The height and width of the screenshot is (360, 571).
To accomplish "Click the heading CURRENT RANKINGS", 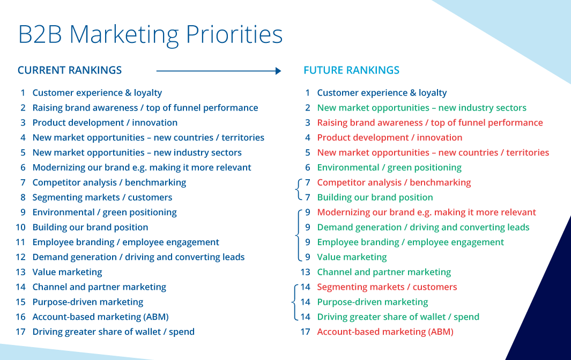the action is click(70, 70).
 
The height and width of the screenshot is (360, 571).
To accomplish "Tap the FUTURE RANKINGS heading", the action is click(351, 70).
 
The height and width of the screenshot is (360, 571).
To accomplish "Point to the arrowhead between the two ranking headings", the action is click(278, 71).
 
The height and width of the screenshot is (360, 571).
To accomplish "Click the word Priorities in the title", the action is click(234, 35).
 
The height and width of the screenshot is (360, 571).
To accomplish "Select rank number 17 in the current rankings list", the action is click(20, 332).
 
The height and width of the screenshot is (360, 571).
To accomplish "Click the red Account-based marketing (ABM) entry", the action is click(385, 332).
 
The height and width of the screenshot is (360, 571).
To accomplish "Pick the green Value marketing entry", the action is click(352, 257).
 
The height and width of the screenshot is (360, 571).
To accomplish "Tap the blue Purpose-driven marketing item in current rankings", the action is click(88, 302).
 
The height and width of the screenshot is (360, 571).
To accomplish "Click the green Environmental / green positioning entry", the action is click(389, 167).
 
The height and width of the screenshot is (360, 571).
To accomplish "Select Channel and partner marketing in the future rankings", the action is click(384, 272).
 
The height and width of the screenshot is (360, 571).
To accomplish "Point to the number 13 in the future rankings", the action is click(305, 272).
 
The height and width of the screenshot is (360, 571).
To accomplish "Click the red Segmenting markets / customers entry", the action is click(387, 286).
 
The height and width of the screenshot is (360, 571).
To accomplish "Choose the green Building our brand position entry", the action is click(375, 197).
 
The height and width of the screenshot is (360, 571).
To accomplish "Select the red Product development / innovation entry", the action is click(390, 137).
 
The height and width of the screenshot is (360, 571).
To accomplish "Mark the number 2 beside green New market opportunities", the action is click(308, 107).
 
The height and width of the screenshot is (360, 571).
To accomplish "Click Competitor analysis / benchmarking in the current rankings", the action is click(109, 182).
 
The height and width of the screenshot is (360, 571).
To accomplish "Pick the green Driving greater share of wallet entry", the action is click(398, 317).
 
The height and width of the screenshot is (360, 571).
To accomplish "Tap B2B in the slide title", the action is click(40, 35).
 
